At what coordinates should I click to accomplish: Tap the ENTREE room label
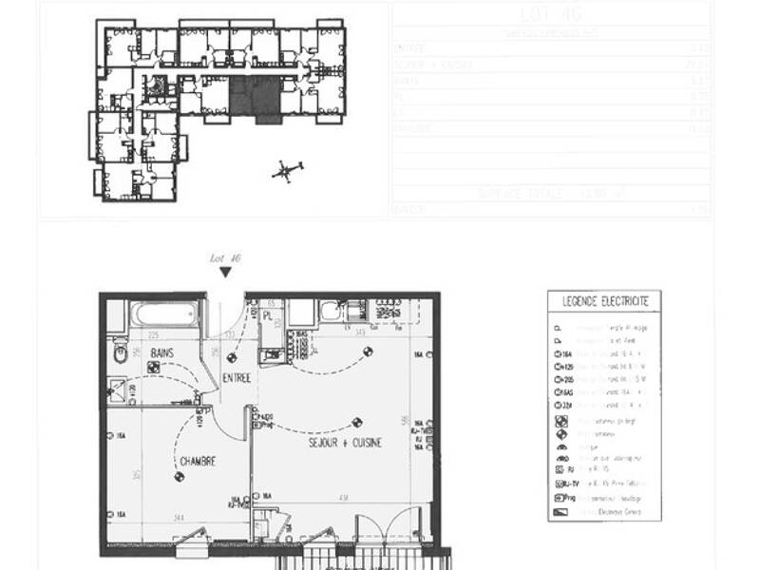237,378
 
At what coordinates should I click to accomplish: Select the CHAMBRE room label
198,462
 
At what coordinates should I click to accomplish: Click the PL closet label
268,314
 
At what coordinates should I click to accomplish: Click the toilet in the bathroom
120,354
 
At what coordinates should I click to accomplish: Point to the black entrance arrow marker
225,273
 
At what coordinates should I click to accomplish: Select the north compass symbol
286,171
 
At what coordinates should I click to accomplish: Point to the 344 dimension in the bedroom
177,517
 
